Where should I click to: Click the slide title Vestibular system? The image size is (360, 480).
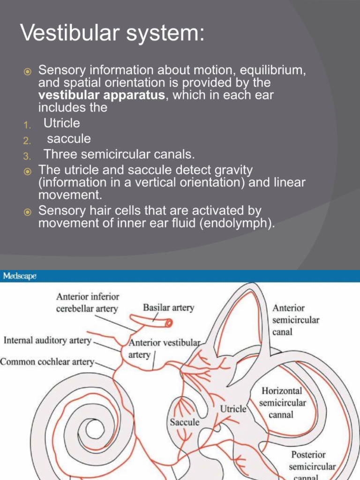112,34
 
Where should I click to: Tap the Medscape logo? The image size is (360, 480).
20,276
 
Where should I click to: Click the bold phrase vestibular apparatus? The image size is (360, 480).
101,95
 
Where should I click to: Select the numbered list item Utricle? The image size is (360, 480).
62,123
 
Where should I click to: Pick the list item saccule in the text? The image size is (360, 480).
69,139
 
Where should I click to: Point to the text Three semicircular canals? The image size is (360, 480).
119,154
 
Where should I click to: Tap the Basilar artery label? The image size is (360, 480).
168,308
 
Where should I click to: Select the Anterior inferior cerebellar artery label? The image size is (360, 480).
88,302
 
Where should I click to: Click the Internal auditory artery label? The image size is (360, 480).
47,340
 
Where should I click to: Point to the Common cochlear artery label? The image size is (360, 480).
47,362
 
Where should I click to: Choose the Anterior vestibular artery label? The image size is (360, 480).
165,348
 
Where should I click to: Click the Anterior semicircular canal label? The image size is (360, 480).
296,320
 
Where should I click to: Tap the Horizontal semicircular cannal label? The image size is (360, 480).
282,402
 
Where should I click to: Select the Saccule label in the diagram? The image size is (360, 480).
184,422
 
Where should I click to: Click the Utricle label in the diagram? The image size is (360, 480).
233,409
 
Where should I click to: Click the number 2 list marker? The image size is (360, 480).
27,140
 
